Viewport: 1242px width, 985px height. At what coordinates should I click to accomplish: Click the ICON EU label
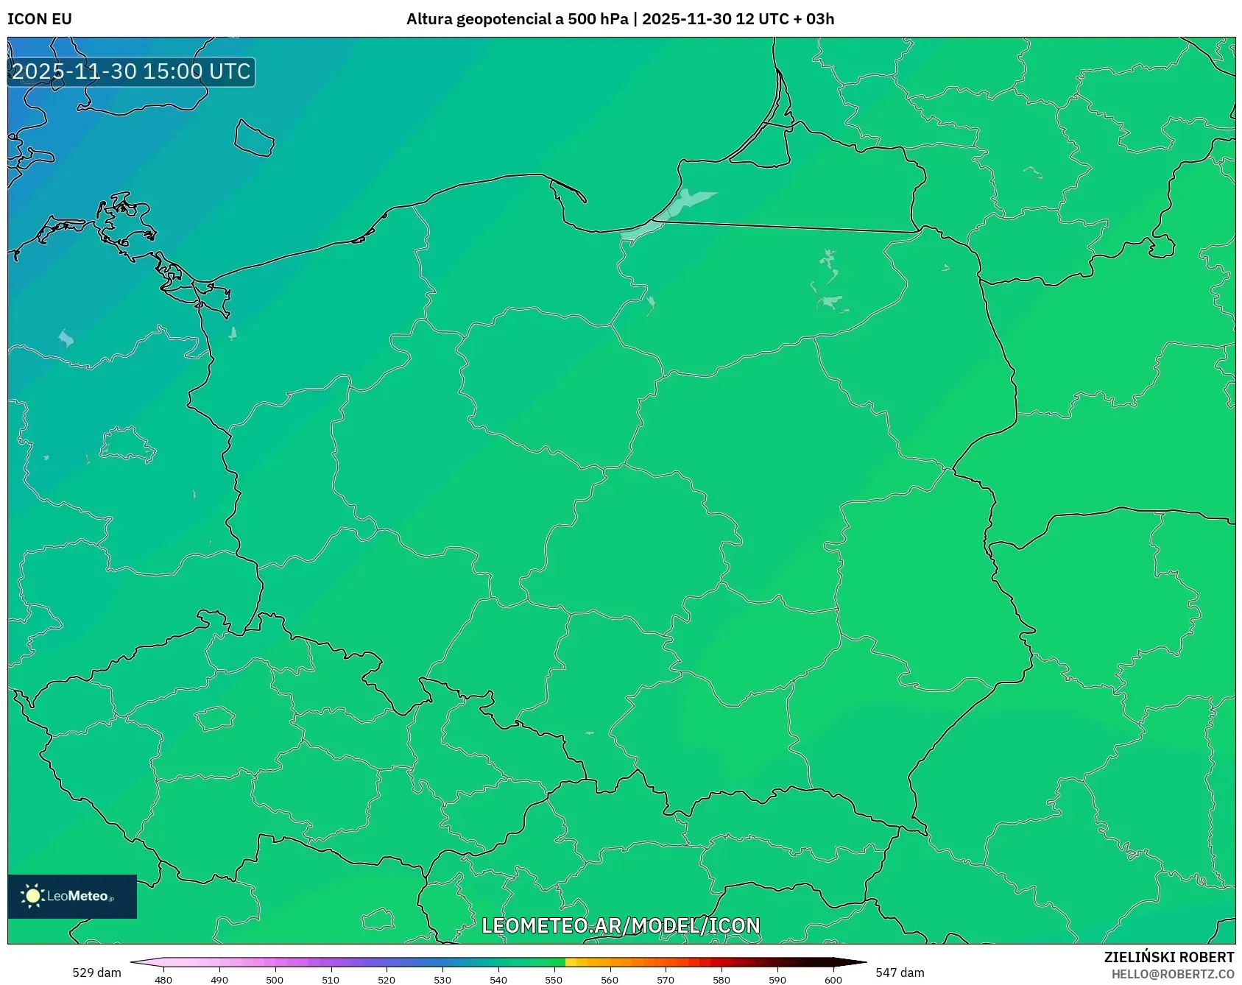(40, 19)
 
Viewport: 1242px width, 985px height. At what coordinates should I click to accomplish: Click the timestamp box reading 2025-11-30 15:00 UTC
(131, 71)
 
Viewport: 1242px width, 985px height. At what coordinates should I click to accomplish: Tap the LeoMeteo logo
(72, 896)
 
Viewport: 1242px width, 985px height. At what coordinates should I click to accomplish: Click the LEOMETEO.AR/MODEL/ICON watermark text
(621, 925)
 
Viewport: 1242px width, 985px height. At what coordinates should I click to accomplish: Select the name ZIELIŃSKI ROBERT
(1168, 957)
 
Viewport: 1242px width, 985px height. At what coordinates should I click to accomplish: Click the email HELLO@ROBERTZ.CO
(1172, 974)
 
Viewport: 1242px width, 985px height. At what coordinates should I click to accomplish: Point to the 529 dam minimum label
(96, 972)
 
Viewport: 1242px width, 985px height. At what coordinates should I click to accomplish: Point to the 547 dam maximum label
(900, 972)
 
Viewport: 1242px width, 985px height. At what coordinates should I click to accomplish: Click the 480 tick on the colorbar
(163, 980)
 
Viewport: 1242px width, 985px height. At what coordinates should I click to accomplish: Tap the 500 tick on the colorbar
(275, 980)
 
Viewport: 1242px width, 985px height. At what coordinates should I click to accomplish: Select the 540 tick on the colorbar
(498, 980)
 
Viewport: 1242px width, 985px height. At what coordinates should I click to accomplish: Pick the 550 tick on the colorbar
(554, 980)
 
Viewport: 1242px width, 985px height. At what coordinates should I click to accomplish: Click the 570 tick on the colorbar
(666, 980)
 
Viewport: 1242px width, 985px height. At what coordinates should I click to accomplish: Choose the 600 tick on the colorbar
(833, 980)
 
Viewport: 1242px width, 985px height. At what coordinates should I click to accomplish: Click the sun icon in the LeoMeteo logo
(32, 896)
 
